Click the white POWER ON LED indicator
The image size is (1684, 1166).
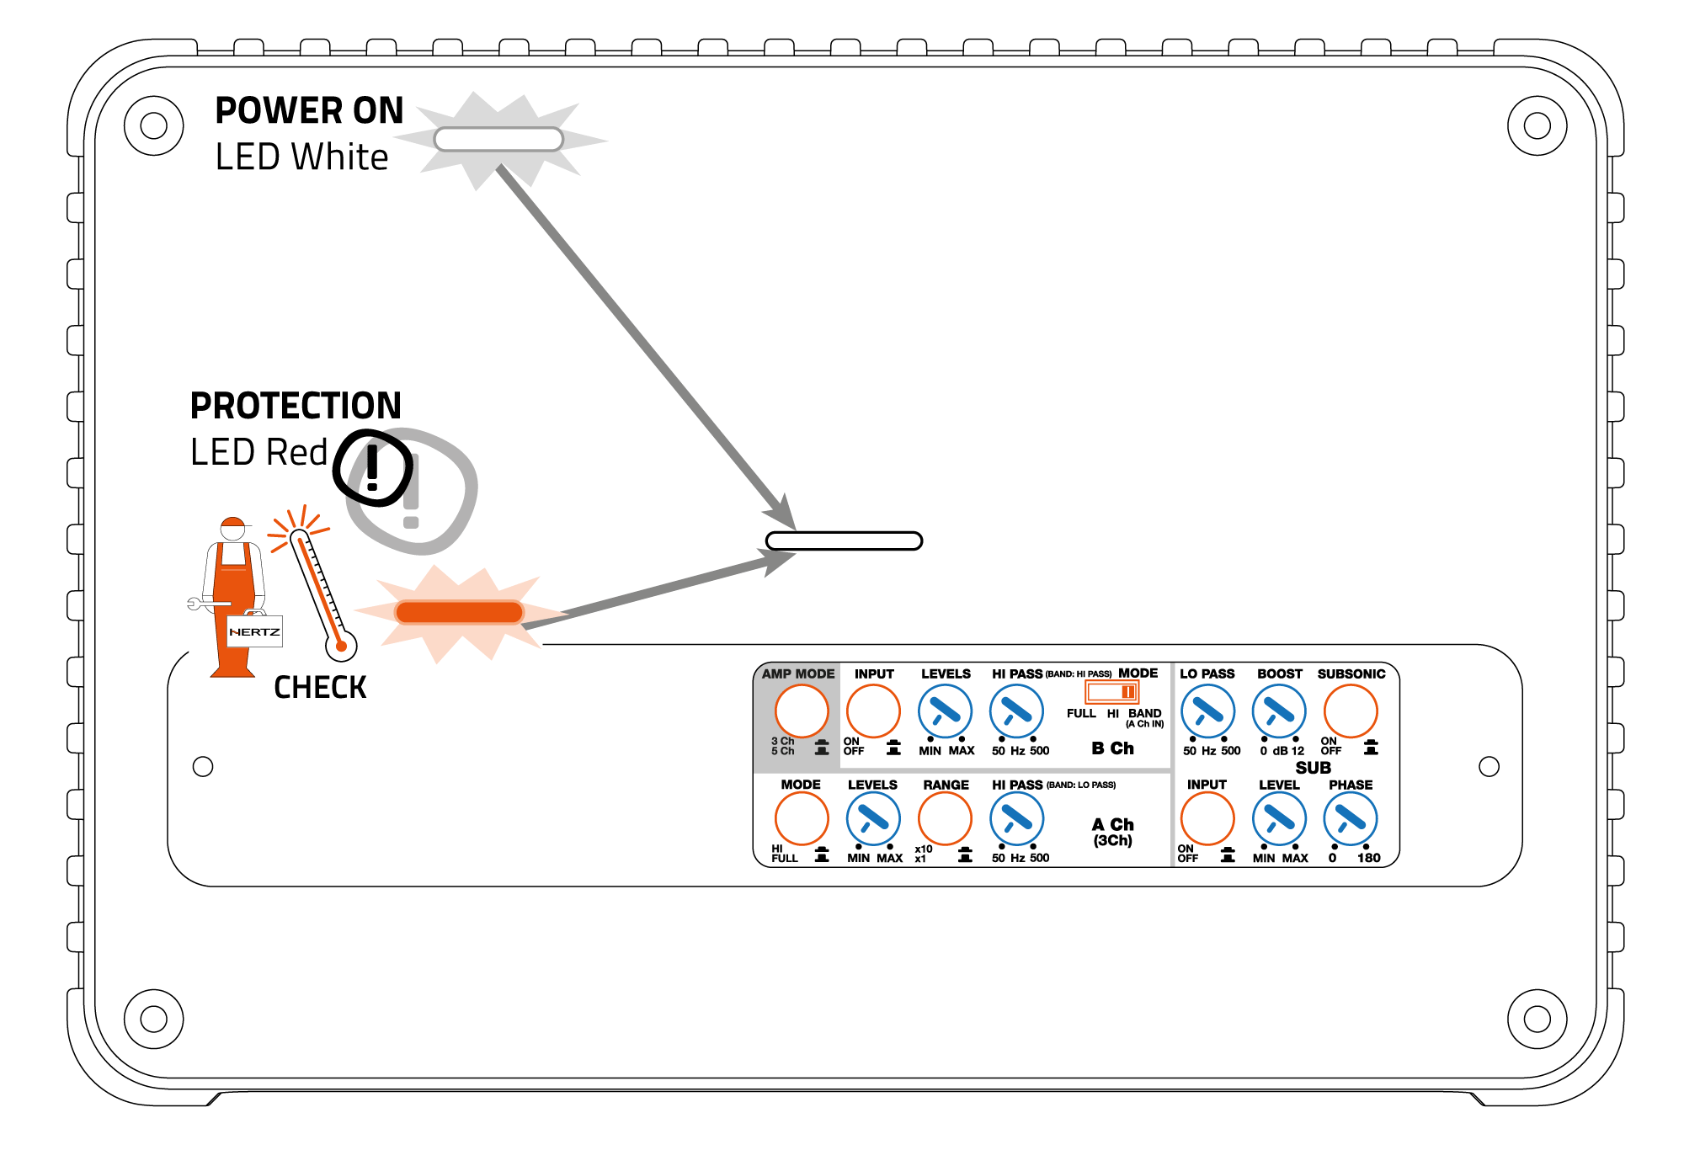(x=498, y=139)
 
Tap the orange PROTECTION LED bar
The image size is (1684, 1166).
(x=459, y=612)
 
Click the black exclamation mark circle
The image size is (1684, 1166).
(x=373, y=468)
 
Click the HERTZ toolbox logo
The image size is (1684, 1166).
(x=254, y=631)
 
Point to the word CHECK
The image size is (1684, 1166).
(x=320, y=687)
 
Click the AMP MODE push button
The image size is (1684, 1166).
(x=801, y=711)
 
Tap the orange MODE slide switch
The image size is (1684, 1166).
(x=1111, y=692)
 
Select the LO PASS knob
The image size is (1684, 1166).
(x=1207, y=711)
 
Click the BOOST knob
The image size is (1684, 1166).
(x=1279, y=711)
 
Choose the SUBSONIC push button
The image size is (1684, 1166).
(x=1351, y=711)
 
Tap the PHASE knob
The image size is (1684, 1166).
(x=1351, y=818)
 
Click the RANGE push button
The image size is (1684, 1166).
(x=945, y=818)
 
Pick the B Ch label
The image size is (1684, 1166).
(x=1112, y=748)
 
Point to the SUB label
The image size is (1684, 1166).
(x=1313, y=768)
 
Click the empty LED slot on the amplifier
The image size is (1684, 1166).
(x=844, y=540)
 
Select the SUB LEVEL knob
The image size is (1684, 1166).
(x=1279, y=818)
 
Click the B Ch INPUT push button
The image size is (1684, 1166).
(x=873, y=711)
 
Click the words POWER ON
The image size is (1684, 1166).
(x=309, y=110)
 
